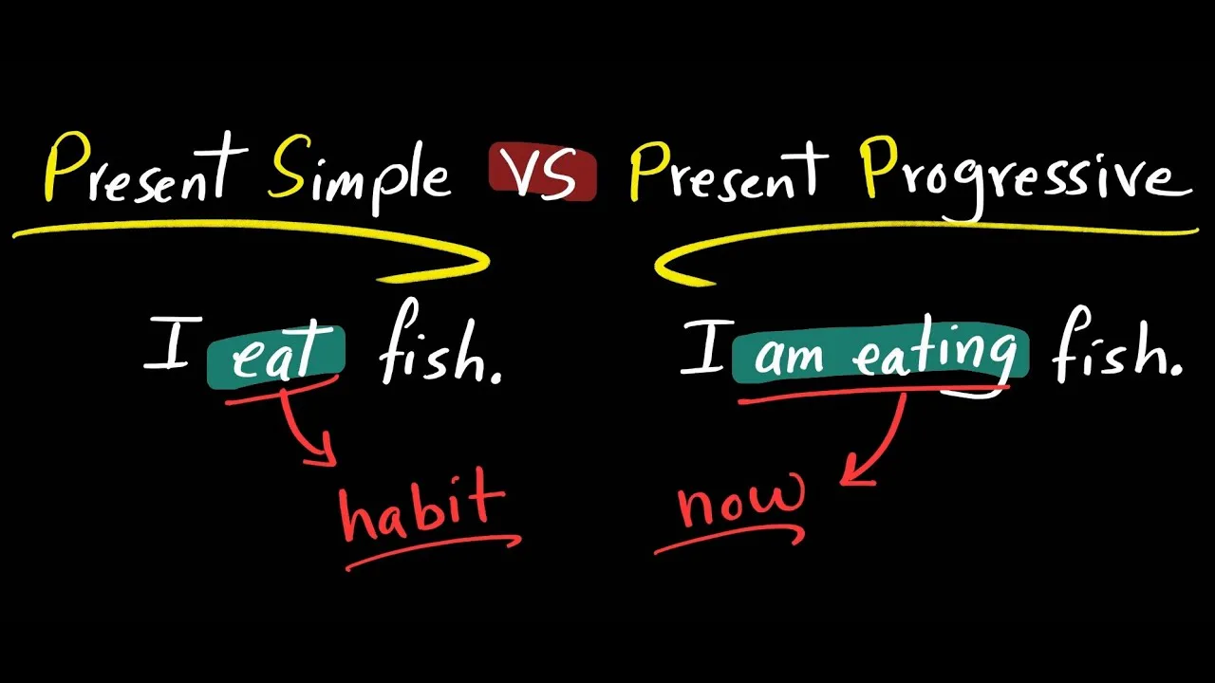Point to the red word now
741,499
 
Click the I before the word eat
168,343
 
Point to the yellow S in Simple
286,171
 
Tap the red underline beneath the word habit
432,551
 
